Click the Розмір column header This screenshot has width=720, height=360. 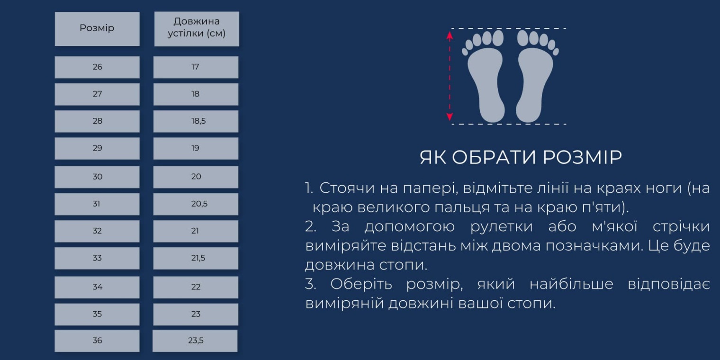pos(97,28)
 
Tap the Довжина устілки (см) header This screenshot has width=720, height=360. pos(197,28)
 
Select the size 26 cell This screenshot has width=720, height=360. pos(97,67)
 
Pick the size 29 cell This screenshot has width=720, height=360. pos(97,148)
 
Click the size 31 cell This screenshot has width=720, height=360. pos(97,204)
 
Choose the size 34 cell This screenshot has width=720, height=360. pos(97,287)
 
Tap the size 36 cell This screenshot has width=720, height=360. pos(97,341)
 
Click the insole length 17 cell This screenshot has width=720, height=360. pos(196,67)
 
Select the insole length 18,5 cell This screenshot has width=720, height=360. pos(196,121)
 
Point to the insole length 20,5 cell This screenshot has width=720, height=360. pos(196,204)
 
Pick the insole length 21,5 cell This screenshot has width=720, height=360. pos(196,258)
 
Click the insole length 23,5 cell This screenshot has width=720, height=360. pos(195,341)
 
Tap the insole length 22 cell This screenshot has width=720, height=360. pos(196,287)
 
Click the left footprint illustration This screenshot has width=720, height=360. pos(485,78)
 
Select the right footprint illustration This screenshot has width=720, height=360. pos(535,78)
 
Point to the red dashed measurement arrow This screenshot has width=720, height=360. pos(450,76)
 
